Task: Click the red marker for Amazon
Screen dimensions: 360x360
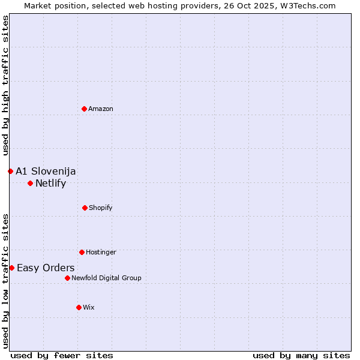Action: [x=84, y=109]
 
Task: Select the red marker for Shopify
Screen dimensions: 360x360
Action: [x=85, y=208]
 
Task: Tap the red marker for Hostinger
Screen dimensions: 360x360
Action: [x=82, y=252]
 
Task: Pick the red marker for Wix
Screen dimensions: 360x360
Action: [x=79, y=307]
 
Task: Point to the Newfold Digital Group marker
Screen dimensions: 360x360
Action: [x=67, y=278]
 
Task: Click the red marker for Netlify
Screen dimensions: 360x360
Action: [x=30, y=183]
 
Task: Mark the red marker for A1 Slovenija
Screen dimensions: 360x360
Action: [x=10, y=171]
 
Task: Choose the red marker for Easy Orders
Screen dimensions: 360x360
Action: [x=11, y=268]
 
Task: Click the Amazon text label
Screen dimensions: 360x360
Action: [x=101, y=109]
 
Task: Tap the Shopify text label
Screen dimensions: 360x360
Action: [x=101, y=208]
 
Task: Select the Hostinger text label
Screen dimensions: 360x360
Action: [x=101, y=252]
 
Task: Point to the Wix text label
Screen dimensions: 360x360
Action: [x=89, y=307]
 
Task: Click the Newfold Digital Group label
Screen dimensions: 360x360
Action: [x=106, y=278]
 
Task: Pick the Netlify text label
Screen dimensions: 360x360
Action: [x=50, y=184]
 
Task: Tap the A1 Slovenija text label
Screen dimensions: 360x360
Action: [x=46, y=172]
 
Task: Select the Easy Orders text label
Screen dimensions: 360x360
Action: [x=46, y=268]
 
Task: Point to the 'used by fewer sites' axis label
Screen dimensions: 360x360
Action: [x=62, y=355]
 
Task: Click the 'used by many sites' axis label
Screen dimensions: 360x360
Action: [x=301, y=355]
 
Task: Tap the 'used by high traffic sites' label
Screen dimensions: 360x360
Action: [x=5, y=85]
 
